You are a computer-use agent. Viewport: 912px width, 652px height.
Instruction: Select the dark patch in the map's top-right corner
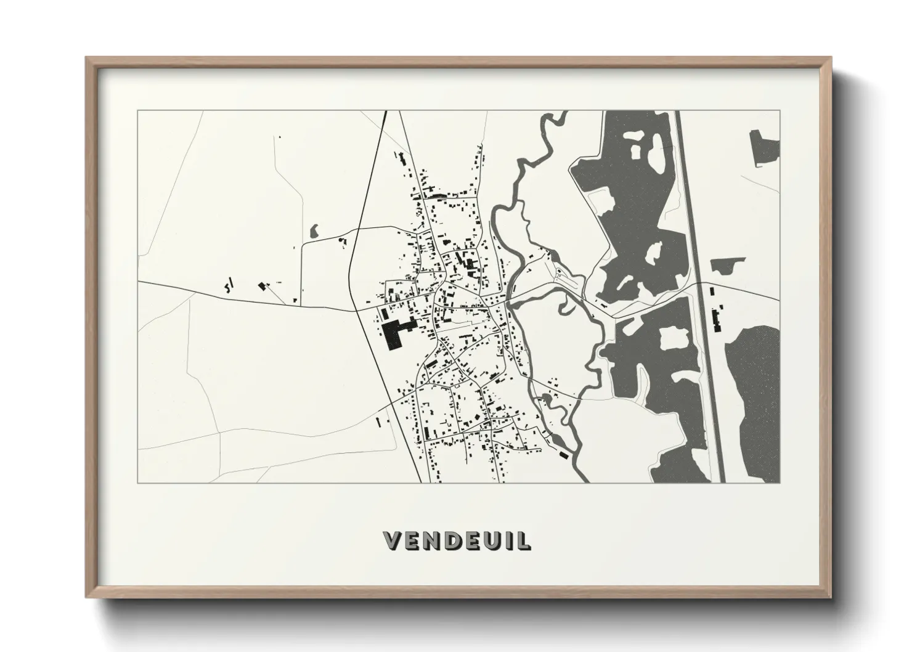[x=764, y=147]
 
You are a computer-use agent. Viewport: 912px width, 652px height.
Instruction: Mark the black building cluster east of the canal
[x=715, y=319]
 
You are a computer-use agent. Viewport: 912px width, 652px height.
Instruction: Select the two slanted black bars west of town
[x=229, y=285]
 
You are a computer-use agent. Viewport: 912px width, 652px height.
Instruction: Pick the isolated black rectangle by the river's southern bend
[x=563, y=455]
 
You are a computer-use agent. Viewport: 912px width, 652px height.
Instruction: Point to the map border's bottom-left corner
[x=138, y=483]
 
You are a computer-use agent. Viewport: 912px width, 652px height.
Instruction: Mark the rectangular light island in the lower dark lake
[x=672, y=337]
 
